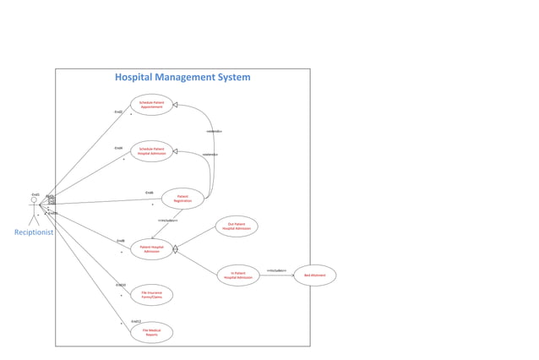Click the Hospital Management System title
point(182,77)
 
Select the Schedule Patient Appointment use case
point(152,105)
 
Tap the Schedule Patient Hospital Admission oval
point(152,151)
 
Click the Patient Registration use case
point(182,199)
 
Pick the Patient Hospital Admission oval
point(152,249)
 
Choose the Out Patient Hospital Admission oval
point(237,226)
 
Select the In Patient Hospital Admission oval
point(238,275)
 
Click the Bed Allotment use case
point(314,275)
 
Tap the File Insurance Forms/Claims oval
point(152,295)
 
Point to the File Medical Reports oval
point(152,333)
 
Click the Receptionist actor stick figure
point(34,209)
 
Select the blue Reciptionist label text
point(34,232)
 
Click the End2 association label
point(118,112)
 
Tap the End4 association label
point(118,148)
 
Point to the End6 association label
point(149,193)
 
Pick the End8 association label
point(121,241)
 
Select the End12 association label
point(136,321)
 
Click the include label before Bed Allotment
point(276,270)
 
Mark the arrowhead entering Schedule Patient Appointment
point(176,105)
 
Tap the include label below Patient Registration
point(167,220)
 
